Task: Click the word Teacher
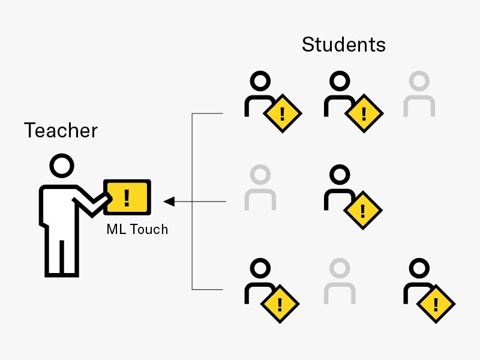[x=61, y=130]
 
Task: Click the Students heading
[x=343, y=44]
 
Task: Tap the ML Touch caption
[x=137, y=229]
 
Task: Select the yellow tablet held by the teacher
[x=127, y=196]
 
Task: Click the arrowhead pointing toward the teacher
[x=169, y=202]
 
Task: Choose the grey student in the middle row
[x=260, y=188]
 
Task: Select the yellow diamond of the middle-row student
[x=362, y=208]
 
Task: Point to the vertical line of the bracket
[x=192, y=202]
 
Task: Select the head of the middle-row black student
[x=340, y=175]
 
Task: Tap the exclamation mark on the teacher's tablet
[x=126, y=196]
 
